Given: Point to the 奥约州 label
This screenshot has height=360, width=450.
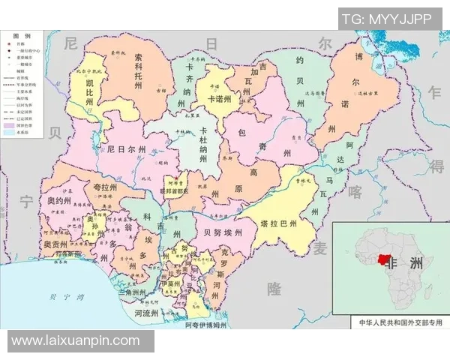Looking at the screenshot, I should point(60,201).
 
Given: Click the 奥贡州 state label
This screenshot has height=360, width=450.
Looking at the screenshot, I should point(55,244).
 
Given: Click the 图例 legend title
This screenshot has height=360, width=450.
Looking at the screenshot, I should point(22,36).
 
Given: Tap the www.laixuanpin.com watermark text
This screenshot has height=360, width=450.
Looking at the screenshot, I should point(76,341).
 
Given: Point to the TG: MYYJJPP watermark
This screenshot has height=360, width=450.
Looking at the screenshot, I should point(386,19).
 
